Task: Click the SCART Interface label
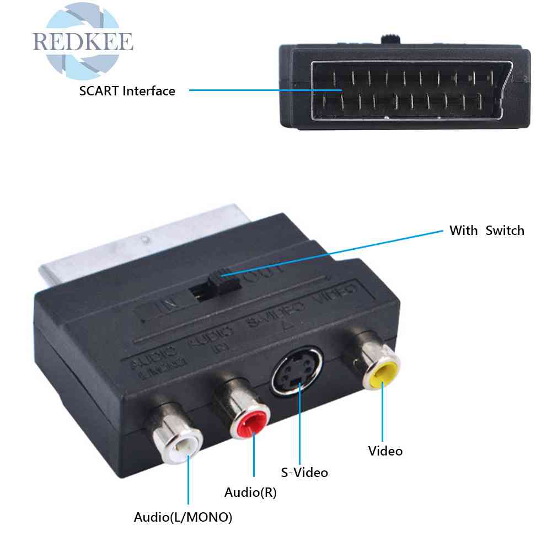point(127,91)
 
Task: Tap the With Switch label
point(486,231)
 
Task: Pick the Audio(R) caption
point(250,492)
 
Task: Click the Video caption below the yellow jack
point(385,451)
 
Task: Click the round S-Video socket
point(297,372)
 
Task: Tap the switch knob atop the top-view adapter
point(390,40)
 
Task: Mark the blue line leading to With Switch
point(331,251)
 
